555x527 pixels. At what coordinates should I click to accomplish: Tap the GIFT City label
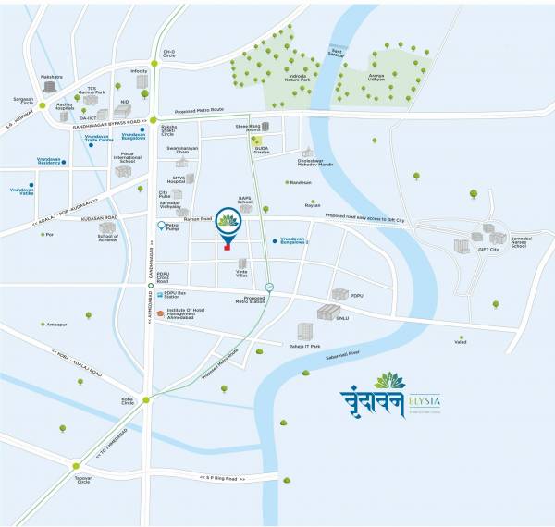click(x=487, y=250)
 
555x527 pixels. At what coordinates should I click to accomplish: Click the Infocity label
click(x=139, y=71)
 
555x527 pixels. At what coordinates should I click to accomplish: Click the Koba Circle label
click(x=128, y=401)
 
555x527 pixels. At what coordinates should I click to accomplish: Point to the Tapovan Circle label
click(x=83, y=480)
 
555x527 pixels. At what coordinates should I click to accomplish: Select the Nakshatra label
click(x=52, y=76)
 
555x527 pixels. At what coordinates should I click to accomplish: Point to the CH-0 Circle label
click(x=168, y=55)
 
